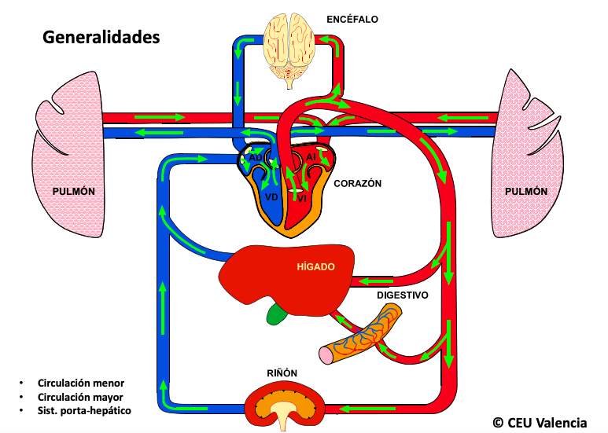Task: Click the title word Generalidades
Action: click(x=101, y=37)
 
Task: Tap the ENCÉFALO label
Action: click(x=352, y=18)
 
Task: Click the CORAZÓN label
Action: click(x=357, y=183)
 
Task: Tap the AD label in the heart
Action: click(x=256, y=158)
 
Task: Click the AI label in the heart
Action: click(x=311, y=158)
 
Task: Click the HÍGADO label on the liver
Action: click(x=316, y=266)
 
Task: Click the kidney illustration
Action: click(x=284, y=405)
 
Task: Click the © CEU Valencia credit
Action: click(x=540, y=422)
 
